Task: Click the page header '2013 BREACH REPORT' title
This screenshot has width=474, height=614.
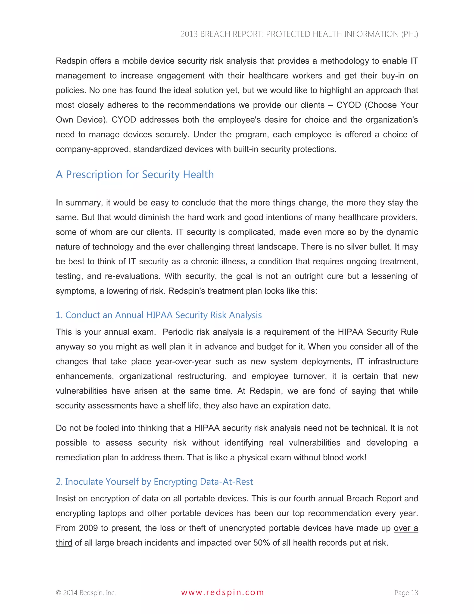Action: click(299, 34)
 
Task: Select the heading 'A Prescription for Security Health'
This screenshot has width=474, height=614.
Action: click(135, 175)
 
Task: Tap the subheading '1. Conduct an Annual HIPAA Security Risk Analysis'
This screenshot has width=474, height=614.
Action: click(159, 315)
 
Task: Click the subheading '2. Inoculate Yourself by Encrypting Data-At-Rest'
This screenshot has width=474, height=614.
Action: click(154, 482)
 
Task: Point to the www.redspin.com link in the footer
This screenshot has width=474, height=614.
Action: click(222, 592)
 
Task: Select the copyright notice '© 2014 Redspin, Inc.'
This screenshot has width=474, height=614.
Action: click(86, 593)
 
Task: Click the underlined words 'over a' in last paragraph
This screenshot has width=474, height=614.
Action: click(406, 528)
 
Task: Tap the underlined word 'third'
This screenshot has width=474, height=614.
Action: click(64, 543)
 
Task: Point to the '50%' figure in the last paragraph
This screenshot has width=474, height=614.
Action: click(262, 543)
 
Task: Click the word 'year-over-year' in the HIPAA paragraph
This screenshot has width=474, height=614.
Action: click(183, 361)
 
